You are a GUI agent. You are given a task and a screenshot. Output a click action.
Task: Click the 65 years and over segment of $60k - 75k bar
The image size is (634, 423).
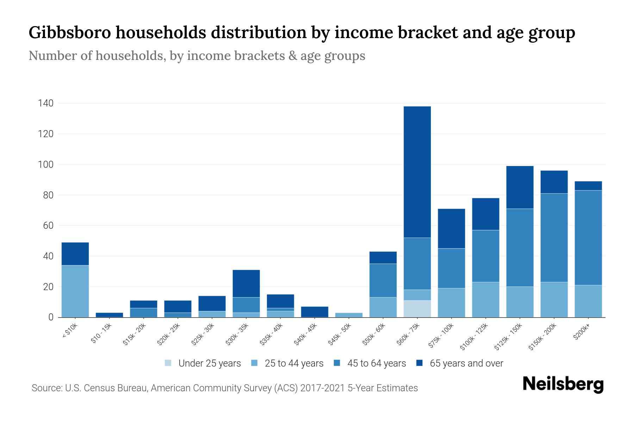(417, 172)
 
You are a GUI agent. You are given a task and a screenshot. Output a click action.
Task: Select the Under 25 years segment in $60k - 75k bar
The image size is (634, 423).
(417, 309)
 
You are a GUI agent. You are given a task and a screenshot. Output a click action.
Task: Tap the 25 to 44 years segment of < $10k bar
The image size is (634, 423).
(75, 291)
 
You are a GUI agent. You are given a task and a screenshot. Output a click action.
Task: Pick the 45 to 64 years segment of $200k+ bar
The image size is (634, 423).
(588, 238)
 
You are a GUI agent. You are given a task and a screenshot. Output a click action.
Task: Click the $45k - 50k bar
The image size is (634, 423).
(349, 315)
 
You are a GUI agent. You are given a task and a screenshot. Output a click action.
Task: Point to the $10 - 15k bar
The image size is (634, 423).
(109, 315)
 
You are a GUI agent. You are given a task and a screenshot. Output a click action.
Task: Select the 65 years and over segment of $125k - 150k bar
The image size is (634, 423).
(520, 187)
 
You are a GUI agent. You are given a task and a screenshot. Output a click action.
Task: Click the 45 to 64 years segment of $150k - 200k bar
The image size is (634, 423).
(554, 238)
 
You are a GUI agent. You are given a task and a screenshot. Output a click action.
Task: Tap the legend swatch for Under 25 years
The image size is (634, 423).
(168, 363)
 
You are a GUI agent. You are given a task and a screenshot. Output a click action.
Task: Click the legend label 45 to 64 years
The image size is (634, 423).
(376, 363)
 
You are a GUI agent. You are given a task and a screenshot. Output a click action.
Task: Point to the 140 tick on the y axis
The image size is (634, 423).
(46, 103)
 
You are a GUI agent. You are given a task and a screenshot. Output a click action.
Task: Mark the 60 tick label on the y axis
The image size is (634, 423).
(48, 226)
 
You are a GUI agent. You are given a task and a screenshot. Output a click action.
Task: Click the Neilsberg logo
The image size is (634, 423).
(563, 384)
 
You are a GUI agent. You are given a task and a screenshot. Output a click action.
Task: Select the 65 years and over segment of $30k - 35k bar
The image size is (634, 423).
(246, 283)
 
